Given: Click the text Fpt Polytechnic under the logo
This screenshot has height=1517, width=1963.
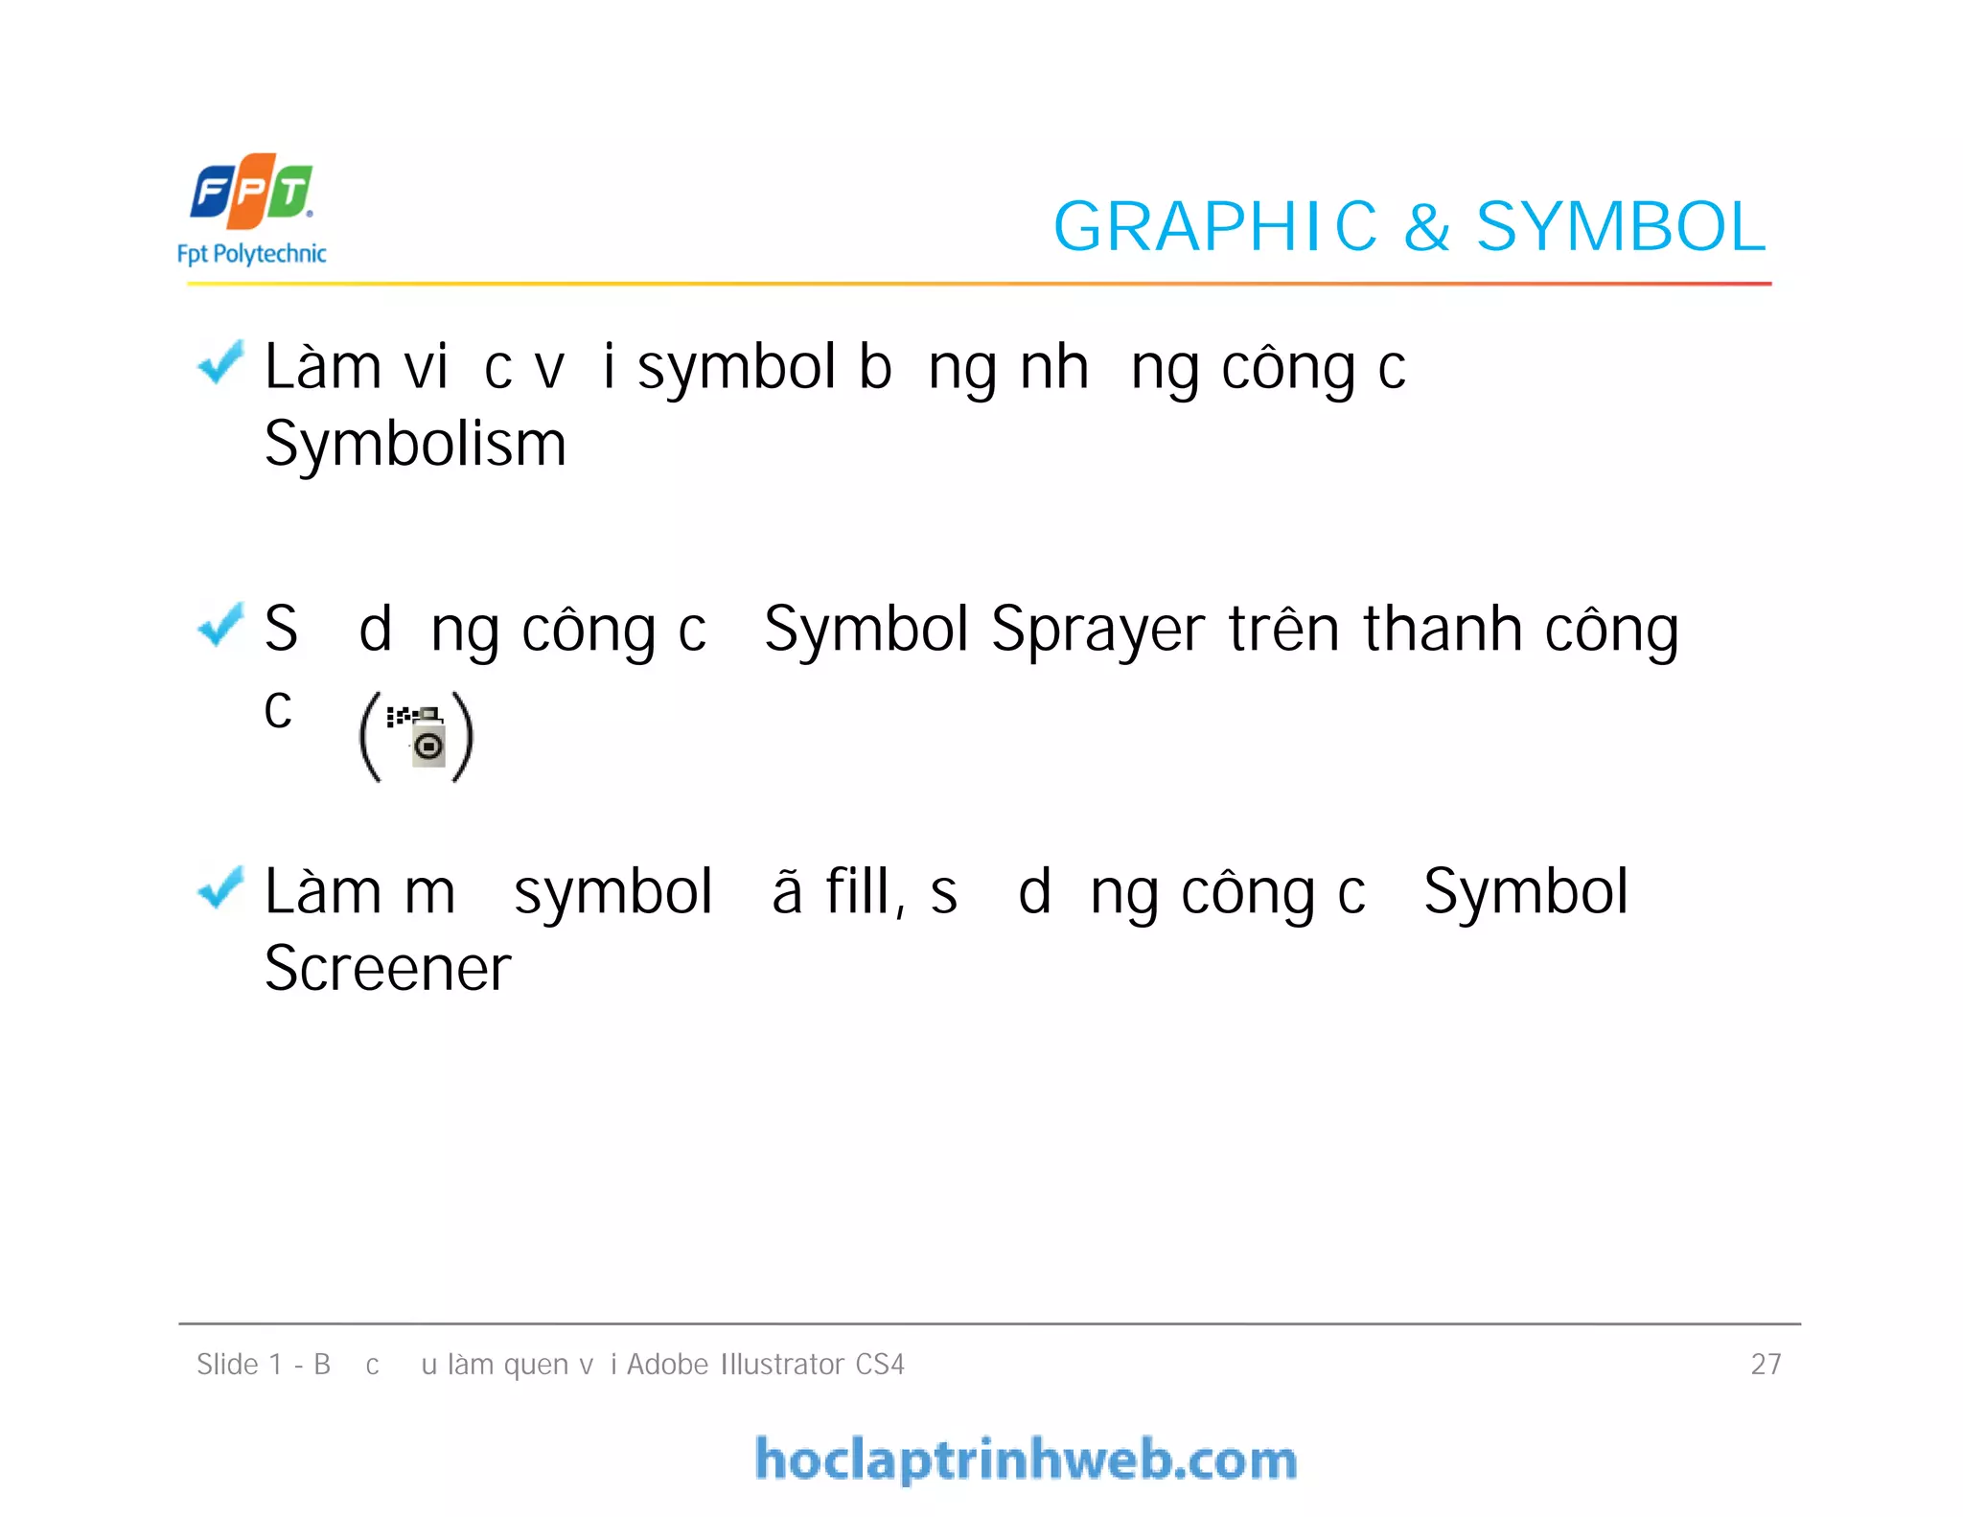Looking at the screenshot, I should pyautogui.click(x=251, y=254).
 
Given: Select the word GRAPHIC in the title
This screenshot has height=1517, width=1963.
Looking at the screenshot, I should pyautogui.click(x=1214, y=227).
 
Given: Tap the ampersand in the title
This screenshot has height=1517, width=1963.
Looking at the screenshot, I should pyautogui.click(x=1426, y=228).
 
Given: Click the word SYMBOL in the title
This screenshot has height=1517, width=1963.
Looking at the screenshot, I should pyautogui.click(x=1620, y=227).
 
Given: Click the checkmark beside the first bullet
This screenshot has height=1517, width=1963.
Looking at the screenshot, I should pyautogui.click(x=220, y=363).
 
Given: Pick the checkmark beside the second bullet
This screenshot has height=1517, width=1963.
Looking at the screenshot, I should pyautogui.click(x=220, y=625).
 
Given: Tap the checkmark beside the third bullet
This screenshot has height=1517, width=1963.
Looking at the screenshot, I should pyautogui.click(x=220, y=887).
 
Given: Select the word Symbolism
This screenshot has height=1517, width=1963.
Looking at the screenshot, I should pyautogui.click(x=415, y=445).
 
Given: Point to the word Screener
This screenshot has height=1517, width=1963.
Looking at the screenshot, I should pyautogui.click(x=387, y=969).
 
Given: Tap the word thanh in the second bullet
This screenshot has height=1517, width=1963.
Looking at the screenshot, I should pyautogui.click(x=1443, y=630).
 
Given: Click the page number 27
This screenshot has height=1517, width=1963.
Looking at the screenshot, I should pyautogui.click(x=1766, y=1364).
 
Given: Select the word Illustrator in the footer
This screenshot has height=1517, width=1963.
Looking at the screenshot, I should pyautogui.click(x=781, y=1364).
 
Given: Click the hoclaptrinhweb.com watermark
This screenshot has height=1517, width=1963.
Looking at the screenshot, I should pyautogui.click(x=1026, y=1460).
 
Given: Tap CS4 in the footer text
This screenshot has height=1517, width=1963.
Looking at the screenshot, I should pyautogui.click(x=880, y=1364).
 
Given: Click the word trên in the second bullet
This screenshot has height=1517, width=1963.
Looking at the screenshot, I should pyautogui.click(x=1283, y=630).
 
